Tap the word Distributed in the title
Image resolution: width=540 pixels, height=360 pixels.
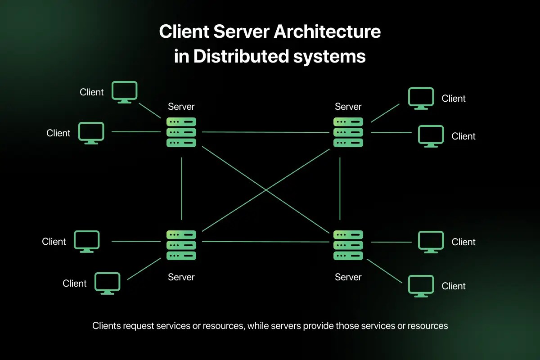coord(241,56)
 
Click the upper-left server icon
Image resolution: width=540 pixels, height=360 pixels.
coord(181,132)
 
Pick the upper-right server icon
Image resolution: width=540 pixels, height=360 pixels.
coord(348,132)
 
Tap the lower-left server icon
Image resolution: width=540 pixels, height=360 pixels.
coord(181,245)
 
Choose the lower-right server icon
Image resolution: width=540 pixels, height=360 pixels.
coord(348,245)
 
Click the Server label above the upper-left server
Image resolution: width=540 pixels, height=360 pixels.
coord(181,107)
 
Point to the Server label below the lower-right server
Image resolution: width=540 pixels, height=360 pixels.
coord(348,277)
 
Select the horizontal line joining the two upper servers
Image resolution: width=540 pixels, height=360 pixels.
coord(265,132)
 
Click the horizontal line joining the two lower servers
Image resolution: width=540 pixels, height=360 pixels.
coord(265,242)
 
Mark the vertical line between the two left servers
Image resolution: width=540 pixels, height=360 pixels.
coord(181,189)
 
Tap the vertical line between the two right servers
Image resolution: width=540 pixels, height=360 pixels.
coord(340,189)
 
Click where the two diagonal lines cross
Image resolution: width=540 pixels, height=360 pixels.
coord(265,190)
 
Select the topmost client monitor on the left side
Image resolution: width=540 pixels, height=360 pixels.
coord(124,92)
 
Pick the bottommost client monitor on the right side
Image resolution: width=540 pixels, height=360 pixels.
coord(421,286)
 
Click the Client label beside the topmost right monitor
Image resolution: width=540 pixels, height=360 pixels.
coord(454,99)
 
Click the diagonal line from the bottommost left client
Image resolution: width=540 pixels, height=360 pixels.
coord(144,269)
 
